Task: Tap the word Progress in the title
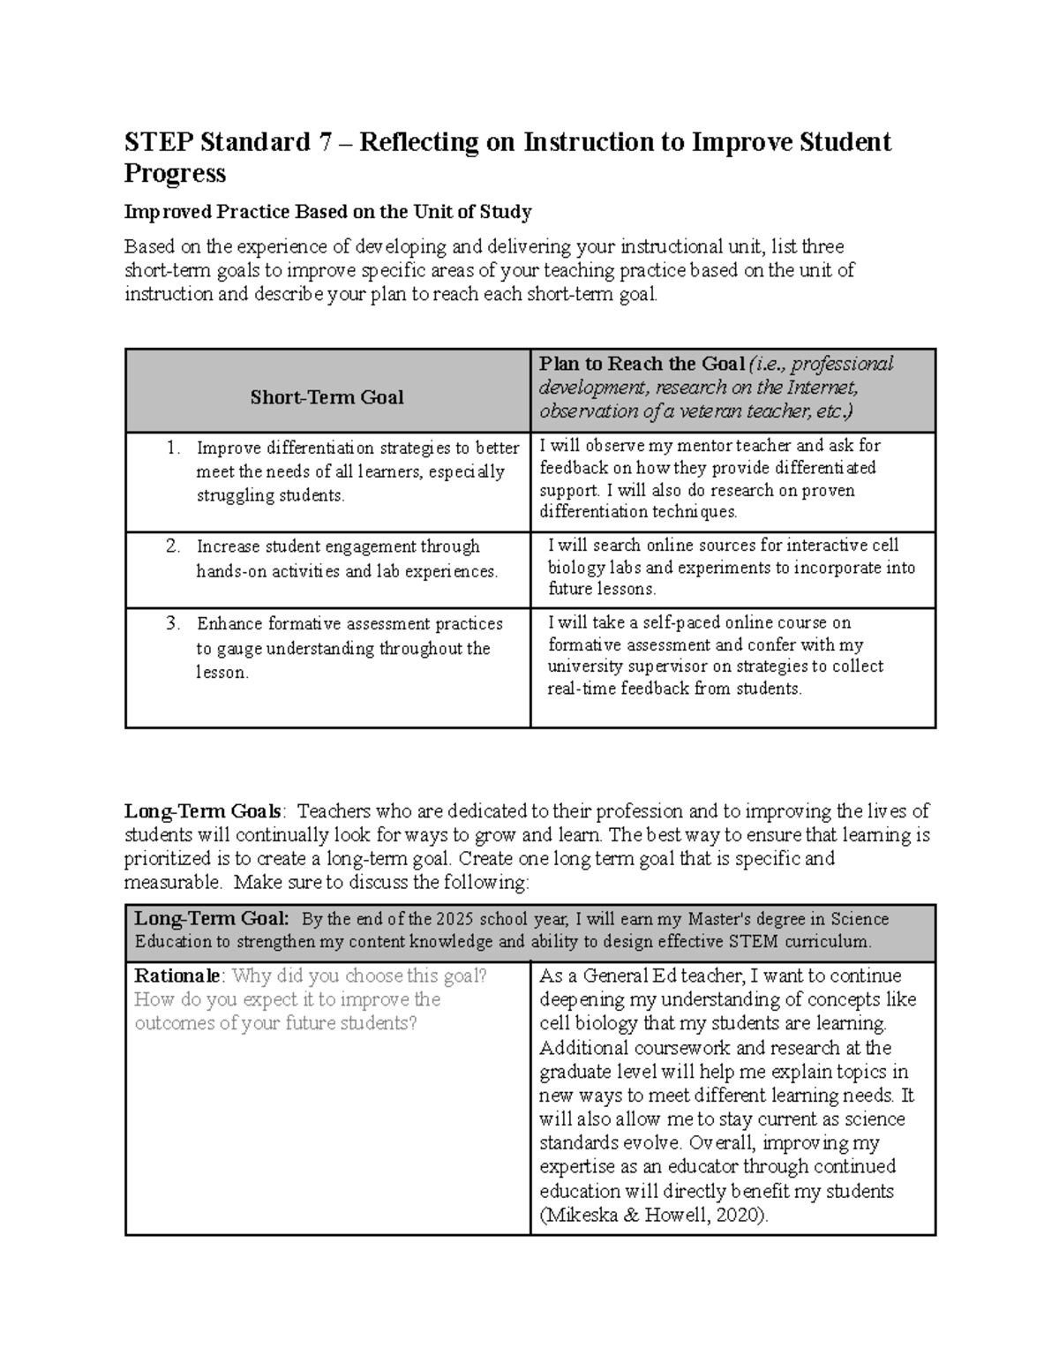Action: point(175,174)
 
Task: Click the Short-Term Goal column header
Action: point(327,397)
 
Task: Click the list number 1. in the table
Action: point(173,448)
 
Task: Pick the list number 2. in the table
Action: point(173,546)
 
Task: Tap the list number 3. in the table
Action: point(173,624)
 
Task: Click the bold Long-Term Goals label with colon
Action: point(205,811)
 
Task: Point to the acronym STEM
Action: point(753,941)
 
